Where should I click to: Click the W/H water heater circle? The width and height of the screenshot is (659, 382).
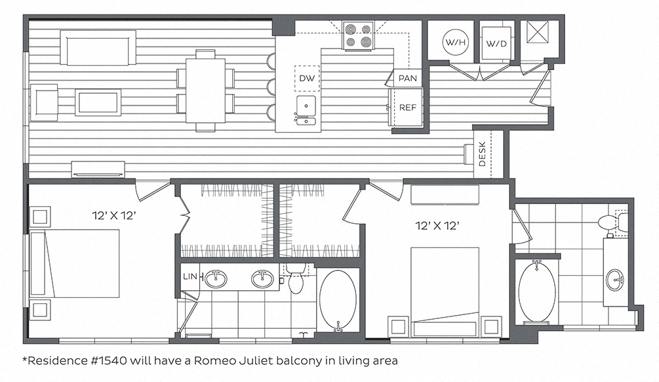coord(456,41)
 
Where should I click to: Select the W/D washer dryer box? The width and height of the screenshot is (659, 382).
coord(496,43)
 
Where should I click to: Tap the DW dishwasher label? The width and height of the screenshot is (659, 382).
coord(307,78)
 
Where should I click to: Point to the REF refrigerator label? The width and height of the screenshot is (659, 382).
coord(407,108)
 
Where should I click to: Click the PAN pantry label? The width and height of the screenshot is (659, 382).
coord(408,78)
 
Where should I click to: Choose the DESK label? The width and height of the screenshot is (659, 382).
coord(482,154)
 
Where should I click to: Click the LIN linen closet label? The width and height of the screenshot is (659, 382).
coord(190,276)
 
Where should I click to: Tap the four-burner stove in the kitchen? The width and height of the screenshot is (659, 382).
coord(359,35)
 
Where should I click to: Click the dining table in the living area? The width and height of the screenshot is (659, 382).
coord(205,91)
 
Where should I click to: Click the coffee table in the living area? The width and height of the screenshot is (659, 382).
coord(98,102)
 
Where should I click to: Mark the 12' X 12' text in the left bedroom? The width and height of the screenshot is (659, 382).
coord(114,216)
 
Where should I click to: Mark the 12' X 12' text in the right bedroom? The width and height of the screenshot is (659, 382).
coord(437,226)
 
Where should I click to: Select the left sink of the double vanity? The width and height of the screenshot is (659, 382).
coord(216,279)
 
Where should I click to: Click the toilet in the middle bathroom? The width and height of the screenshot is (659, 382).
coord(296,280)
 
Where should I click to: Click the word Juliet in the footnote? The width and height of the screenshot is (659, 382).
coord(259,360)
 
